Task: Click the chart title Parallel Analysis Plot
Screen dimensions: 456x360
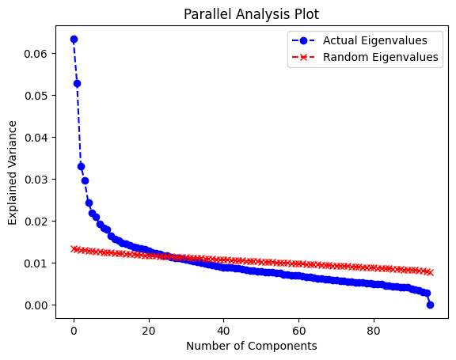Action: [251, 14]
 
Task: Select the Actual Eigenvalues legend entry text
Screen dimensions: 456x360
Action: [375, 40]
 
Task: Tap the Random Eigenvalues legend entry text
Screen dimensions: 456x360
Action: [380, 57]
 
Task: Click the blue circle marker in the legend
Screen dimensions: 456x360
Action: [303, 40]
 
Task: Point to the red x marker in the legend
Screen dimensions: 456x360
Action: [303, 57]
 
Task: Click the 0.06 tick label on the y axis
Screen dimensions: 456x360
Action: [36, 54]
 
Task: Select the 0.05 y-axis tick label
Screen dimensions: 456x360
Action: [36, 96]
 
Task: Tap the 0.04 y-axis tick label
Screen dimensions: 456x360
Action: [36, 138]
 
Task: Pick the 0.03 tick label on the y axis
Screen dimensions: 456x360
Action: [36, 180]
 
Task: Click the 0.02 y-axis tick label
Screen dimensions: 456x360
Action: [36, 222]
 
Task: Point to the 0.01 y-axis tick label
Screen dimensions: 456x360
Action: [36, 263]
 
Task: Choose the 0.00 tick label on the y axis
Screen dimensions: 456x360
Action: [36, 305]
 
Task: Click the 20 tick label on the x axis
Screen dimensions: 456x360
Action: [149, 331]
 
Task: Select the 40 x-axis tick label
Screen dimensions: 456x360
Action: [223, 331]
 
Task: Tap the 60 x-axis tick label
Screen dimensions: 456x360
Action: [298, 331]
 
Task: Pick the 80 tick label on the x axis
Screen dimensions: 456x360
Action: [374, 331]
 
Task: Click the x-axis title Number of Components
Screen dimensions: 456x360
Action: [252, 346]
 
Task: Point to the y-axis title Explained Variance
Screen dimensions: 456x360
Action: [12, 172]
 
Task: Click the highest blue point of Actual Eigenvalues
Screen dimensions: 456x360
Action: [74, 39]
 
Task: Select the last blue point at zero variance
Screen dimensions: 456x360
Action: [430, 305]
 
